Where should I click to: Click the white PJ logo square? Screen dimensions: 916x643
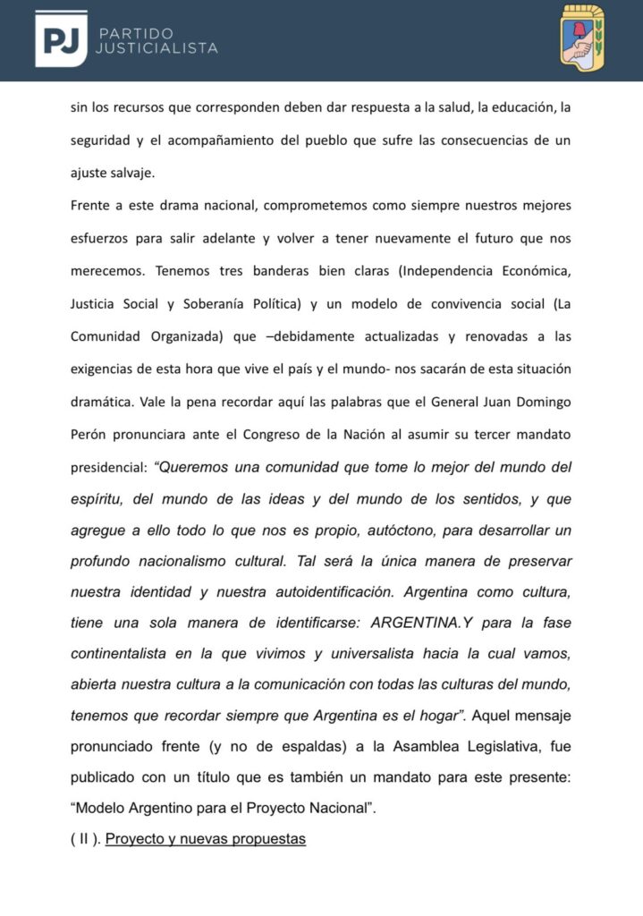(61, 39)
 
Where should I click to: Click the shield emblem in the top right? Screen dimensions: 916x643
(583, 38)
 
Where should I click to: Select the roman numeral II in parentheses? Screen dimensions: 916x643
(84, 840)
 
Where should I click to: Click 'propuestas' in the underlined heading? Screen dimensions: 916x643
(267, 840)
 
